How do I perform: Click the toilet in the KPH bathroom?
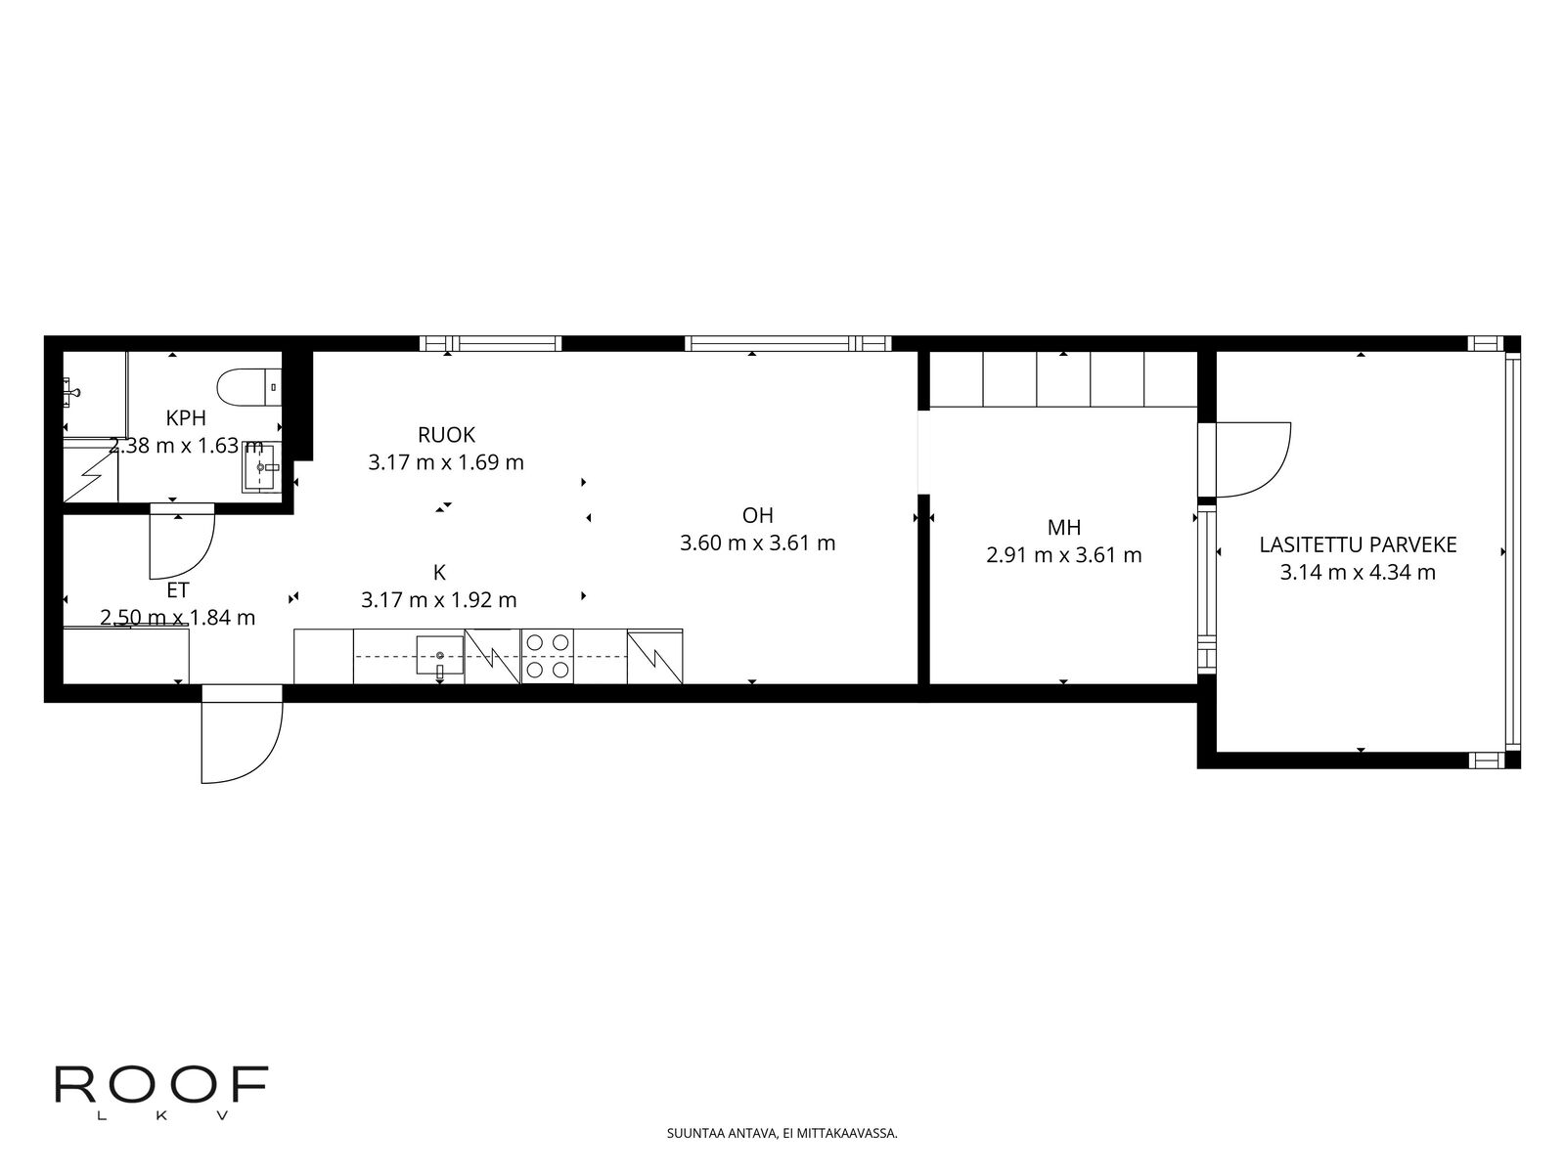point(248,387)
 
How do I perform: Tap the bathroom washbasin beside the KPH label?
point(261,467)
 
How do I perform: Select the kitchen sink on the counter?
point(440,655)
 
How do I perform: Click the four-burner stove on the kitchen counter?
point(548,656)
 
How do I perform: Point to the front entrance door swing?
point(242,733)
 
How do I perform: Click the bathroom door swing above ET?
point(182,542)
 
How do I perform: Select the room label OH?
point(757,515)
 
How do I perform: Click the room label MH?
point(1064,527)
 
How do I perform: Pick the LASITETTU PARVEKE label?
point(1358,544)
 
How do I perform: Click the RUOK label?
point(446,434)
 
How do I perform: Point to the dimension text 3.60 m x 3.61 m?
point(757,543)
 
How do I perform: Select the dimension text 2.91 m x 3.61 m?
point(1064,555)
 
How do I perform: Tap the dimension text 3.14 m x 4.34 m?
point(1358,573)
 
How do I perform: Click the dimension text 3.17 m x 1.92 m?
point(438,600)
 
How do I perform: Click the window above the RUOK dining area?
point(491,344)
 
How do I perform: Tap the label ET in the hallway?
point(178,590)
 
